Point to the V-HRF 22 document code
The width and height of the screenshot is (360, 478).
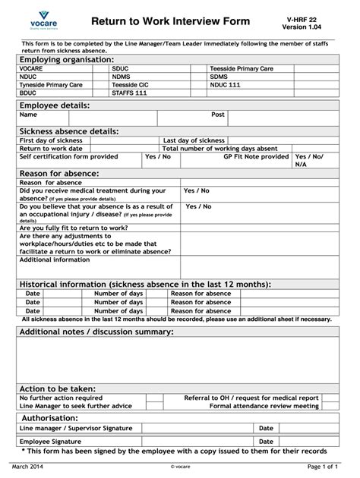click(x=311, y=20)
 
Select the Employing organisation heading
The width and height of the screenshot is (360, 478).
click(x=67, y=59)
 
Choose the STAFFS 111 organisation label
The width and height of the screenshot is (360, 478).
click(x=130, y=93)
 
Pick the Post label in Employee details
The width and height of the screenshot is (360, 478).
click(x=218, y=115)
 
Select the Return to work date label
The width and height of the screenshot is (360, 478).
click(x=51, y=149)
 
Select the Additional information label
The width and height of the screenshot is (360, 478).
click(x=55, y=259)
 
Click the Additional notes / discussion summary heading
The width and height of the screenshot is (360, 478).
click(x=96, y=332)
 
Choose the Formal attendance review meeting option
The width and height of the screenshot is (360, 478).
click(x=264, y=406)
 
